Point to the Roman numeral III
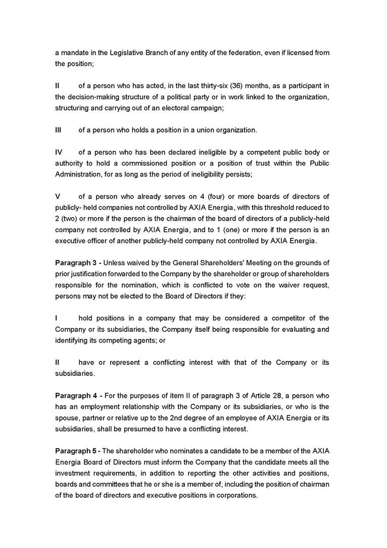(58, 130)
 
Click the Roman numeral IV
(59, 152)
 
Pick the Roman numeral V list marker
(58, 196)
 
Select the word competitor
(266, 318)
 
